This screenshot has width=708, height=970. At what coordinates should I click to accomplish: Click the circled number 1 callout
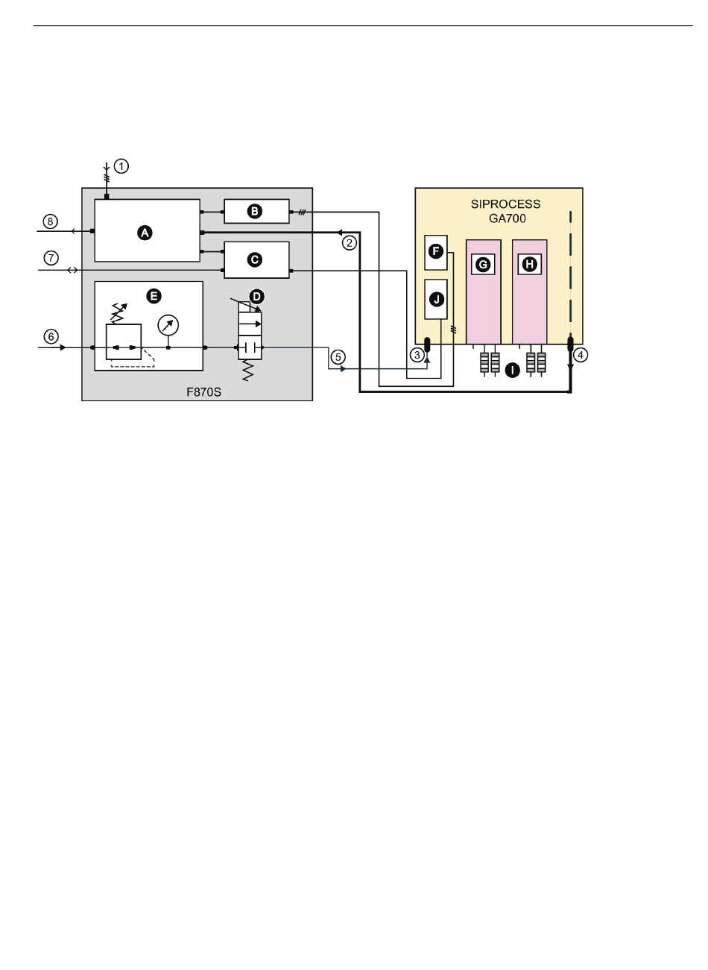(x=121, y=166)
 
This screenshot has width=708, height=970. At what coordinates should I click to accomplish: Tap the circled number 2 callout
(x=349, y=242)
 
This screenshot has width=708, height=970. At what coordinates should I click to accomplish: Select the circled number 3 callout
(x=417, y=355)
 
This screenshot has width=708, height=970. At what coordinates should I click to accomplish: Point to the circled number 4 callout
(x=581, y=355)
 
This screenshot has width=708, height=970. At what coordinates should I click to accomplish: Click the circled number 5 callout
(x=338, y=356)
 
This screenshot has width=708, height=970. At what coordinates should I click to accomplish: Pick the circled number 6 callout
(x=51, y=336)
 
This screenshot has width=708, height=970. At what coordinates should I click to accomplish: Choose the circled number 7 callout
(x=51, y=258)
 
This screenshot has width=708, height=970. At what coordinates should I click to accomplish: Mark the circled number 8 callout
(x=51, y=221)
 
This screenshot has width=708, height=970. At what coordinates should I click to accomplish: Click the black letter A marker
(x=145, y=233)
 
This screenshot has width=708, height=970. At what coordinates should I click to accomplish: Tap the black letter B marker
(x=255, y=212)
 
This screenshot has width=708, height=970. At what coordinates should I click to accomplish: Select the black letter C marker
(x=255, y=259)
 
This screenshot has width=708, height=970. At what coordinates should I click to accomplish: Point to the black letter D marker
(x=257, y=296)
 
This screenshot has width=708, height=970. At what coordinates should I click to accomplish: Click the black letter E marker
(x=154, y=296)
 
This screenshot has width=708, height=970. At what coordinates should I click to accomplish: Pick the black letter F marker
(x=436, y=251)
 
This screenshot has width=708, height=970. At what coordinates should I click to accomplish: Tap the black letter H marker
(x=529, y=264)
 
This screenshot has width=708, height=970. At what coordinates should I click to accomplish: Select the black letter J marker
(x=436, y=299)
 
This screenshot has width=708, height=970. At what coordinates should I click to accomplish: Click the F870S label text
(x=203, y=391)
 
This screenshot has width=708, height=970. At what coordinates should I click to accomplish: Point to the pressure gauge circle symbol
(x=168, y=324)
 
